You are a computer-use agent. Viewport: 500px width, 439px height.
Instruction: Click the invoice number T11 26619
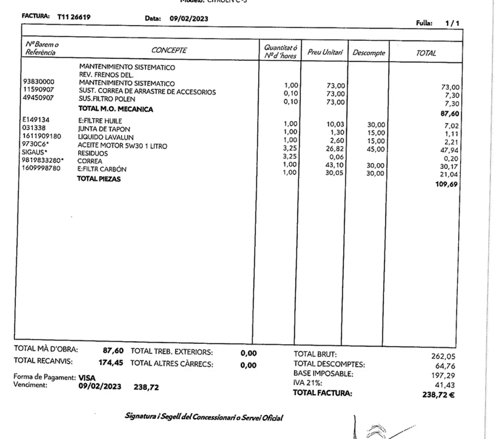pyautogui.click(x=74, y=17)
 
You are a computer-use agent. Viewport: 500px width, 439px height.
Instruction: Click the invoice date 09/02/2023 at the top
pyautogui.click(x=189, y=19)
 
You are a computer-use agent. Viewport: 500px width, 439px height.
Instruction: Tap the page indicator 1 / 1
pyautogui.click(x=452, y=24)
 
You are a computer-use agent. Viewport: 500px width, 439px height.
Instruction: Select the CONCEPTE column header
pyautogui.click(x=169, y=51)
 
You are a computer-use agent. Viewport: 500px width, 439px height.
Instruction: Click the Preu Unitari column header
pyautogui.click(x=325, y=52)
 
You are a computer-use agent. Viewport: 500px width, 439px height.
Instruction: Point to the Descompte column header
pyautogui.click(x=369, y=53)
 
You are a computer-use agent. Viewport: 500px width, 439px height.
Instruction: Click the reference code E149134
pyautogui.click(x=36, y=120)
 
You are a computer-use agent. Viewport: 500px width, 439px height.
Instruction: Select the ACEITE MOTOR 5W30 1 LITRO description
pyautogui.click(x=122, y=146)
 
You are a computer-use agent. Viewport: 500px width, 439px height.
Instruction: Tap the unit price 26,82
pyautogui.click(x=335, y=149)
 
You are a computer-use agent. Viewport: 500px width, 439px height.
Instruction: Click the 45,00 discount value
pyautogui.click(x=376, y=149)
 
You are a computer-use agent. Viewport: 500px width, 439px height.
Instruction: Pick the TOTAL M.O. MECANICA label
pyautogui.click(x=116, y=109)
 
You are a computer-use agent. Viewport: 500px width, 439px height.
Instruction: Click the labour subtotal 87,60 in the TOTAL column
pyautogui.click(x=450, y=114)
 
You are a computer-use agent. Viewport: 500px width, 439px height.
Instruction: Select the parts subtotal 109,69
pyautogui.click(x=447, y=184)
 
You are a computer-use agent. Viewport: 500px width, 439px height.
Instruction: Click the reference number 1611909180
pyautogui.click(x=42, y=136)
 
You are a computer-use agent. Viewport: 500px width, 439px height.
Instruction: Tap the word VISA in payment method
pyautogui.click(x=87, y=378)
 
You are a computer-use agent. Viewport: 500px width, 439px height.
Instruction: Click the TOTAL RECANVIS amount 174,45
pyautogui.click(x=111, y=363)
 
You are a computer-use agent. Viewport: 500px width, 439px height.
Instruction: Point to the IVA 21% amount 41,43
pyautogui.click(x=444, y=385)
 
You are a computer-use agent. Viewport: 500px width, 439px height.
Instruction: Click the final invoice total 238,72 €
pyautogui.click(x=438, y=395)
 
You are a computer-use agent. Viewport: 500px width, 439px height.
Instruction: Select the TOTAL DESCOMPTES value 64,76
pyautogui.click(x=445, y=366)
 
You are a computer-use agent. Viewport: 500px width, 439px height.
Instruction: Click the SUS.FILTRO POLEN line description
pyautogui.click(x=107, y=99)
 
